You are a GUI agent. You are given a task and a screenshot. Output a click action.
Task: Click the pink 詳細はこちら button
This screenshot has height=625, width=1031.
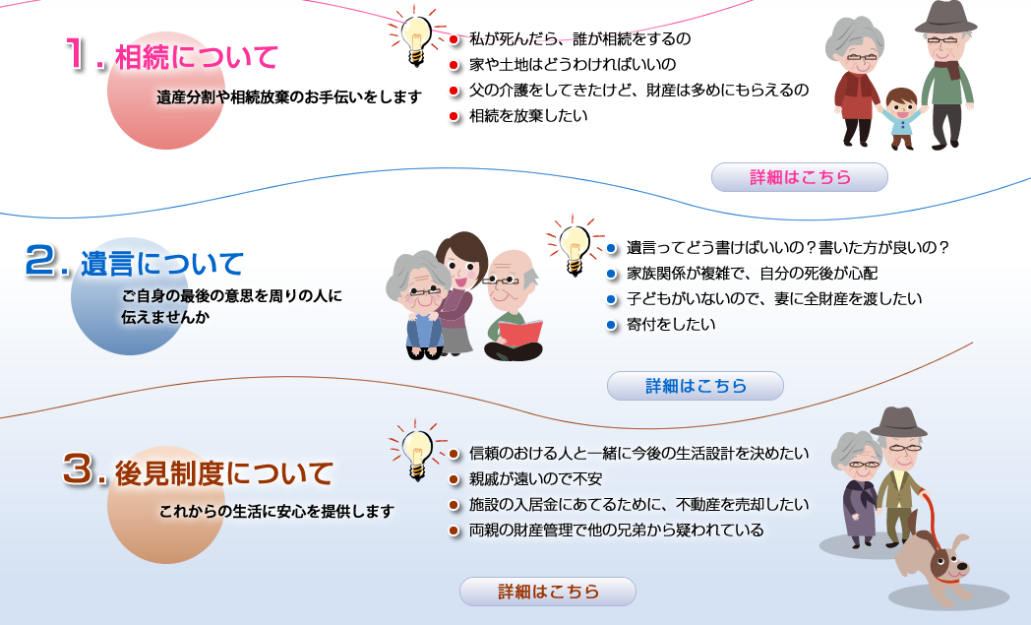(x=800, y=177)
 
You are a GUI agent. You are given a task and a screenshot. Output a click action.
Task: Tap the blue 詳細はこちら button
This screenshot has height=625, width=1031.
(x=695, y=386)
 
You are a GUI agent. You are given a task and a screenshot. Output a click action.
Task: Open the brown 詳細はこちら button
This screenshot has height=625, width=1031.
(x=548, y=592)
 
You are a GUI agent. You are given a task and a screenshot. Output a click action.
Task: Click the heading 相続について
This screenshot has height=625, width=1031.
(x=197, y=56)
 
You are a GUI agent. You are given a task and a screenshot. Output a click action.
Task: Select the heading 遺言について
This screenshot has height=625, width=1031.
(x=161, y=264)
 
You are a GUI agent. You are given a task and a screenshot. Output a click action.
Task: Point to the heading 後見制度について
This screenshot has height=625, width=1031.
(x=224, y=473)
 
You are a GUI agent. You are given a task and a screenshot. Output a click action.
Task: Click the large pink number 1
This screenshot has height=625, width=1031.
(x=79, y=53)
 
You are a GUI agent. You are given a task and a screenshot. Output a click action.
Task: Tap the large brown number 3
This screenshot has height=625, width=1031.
(x=78, y=469)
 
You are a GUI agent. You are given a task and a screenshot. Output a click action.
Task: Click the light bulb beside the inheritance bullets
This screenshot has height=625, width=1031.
(x=416, y=39)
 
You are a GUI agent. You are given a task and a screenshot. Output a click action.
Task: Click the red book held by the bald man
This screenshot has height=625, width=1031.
(x=520, y=334)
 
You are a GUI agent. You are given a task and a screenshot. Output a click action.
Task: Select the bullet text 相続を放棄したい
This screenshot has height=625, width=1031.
(x=528, y=116)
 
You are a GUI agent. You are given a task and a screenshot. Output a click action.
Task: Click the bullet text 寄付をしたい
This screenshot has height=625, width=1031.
(x=671, y=325)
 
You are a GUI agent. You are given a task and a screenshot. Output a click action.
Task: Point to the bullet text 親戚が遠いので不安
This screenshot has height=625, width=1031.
(x=535, y=479)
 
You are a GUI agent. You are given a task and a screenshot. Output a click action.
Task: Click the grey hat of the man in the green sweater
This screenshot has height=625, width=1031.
(x=945, y=18)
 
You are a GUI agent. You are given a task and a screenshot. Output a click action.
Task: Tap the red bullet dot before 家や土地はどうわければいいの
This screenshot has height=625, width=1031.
(x=454, y=65)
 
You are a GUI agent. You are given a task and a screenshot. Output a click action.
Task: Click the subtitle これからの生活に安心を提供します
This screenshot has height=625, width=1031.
(x=276, y=511)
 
